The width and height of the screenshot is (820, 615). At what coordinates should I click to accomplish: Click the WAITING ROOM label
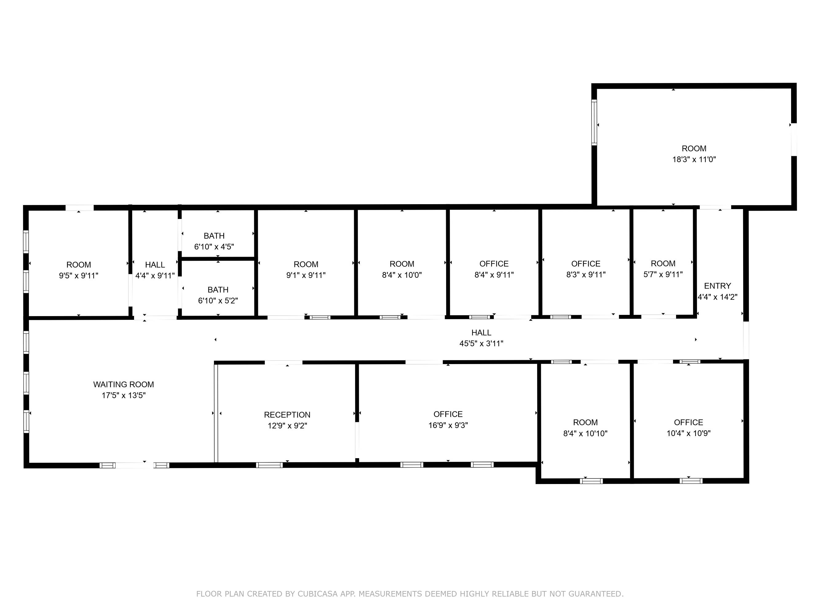point(123,384)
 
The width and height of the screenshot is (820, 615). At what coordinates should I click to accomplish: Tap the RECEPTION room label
point(287,415)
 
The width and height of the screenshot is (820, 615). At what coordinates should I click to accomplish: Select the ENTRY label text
point(717,286)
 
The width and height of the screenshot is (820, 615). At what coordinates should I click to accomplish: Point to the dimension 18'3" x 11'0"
point(694,159)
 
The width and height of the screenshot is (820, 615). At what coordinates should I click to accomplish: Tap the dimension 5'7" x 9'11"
point(663,274)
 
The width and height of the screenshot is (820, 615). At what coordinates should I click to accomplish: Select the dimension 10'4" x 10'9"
point(688,433)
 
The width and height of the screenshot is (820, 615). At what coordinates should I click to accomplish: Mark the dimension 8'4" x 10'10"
point(585,433)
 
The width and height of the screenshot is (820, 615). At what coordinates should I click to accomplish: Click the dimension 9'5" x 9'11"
point(79,276)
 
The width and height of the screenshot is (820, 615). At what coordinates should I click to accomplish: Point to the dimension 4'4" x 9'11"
point(155,276)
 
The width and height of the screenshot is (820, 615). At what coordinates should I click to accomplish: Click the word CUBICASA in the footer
point(317,594)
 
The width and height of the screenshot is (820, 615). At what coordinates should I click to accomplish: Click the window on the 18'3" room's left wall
point(594,122)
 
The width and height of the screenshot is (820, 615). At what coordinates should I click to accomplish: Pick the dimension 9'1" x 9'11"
point(306,275)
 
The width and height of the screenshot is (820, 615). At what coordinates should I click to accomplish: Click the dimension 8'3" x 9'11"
point(586,274)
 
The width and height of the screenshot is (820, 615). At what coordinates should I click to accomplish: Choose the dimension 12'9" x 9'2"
point(287,426)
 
